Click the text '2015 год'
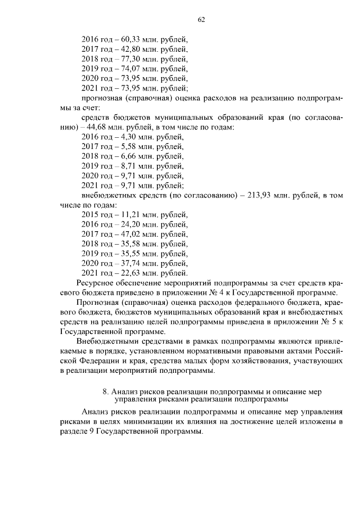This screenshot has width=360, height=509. tap(97, 215)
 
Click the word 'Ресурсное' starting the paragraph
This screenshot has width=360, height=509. tap(94, 282)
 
